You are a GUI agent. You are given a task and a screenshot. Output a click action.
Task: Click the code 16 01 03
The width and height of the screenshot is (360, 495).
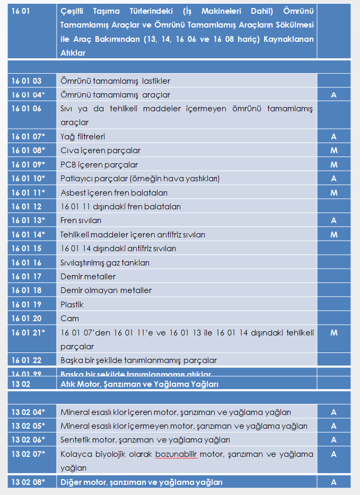(27, 81)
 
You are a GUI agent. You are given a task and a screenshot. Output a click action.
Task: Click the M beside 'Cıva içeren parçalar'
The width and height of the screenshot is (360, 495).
(333, 151)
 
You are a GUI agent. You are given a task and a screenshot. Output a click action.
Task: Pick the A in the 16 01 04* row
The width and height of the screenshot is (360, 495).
(333, 95)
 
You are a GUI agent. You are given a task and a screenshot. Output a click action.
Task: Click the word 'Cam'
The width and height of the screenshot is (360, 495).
(69, 319)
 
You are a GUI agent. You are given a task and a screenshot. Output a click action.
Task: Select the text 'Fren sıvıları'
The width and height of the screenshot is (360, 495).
(81, 220)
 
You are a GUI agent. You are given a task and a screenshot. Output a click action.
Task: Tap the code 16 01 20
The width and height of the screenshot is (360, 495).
(27, 319)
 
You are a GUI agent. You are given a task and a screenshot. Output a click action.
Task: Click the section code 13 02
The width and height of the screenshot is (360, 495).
(20, 384)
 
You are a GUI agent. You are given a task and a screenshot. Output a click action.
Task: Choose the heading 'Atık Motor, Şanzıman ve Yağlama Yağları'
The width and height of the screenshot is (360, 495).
(139, 384)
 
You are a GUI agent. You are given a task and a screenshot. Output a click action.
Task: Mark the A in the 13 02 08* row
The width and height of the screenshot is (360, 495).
(333, 482)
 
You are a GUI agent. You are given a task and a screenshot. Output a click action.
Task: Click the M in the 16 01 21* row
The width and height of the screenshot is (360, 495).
(333, 332)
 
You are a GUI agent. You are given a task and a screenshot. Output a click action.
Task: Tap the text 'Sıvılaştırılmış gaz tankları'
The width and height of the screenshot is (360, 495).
(105, 263)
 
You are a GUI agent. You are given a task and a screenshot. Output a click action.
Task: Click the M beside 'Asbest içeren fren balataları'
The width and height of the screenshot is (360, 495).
(333, 192)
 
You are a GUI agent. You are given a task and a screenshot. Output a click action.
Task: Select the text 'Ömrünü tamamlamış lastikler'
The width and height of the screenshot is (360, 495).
(115, 81)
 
